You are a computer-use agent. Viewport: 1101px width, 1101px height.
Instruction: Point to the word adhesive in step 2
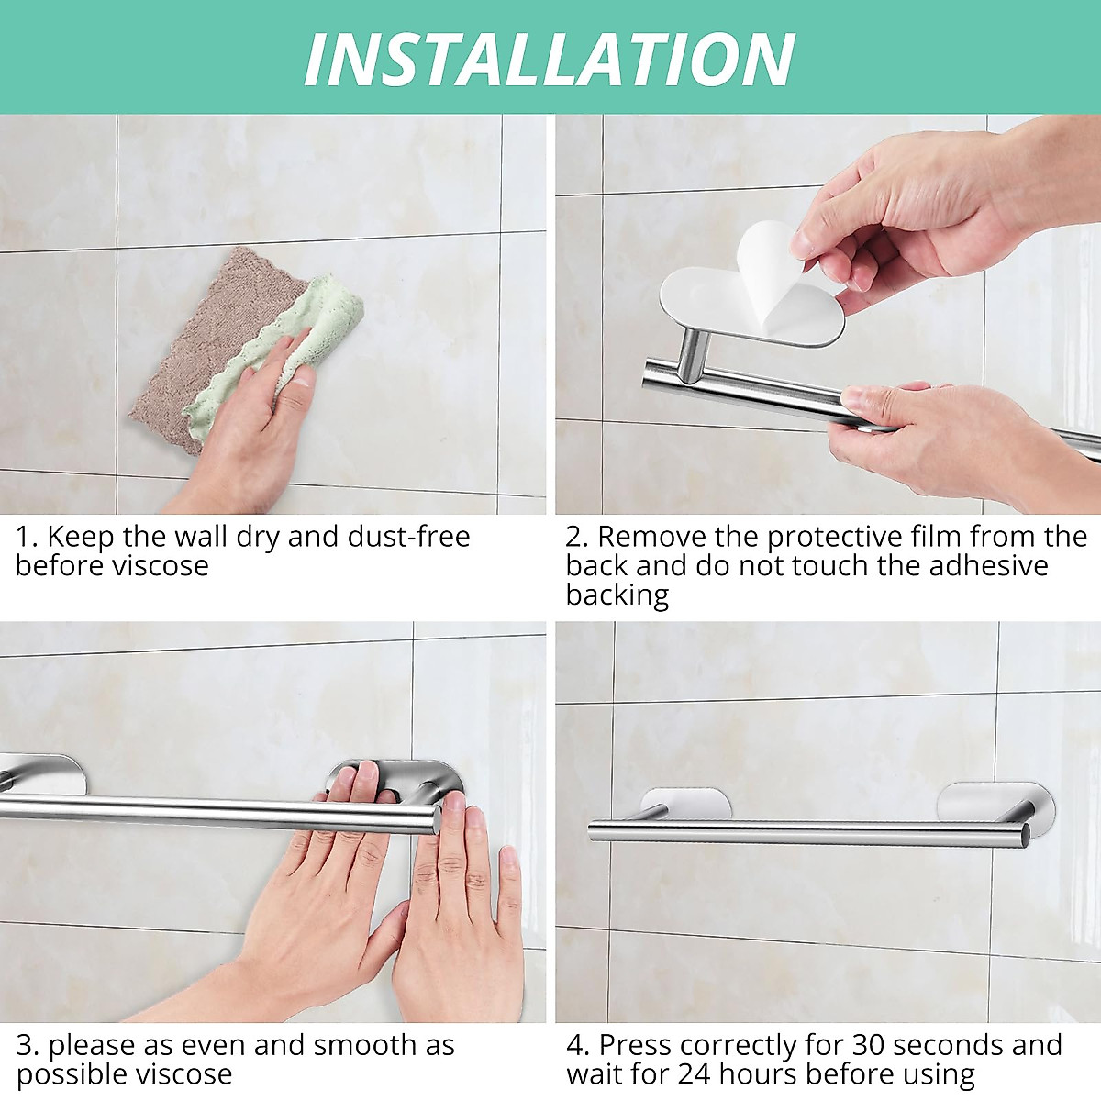coord(988,566)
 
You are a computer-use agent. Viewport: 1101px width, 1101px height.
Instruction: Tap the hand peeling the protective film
coord(899,211)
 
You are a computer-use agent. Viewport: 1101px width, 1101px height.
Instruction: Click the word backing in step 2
coord(617,595)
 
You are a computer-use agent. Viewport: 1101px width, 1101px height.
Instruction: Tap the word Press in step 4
coord(636,1045)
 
